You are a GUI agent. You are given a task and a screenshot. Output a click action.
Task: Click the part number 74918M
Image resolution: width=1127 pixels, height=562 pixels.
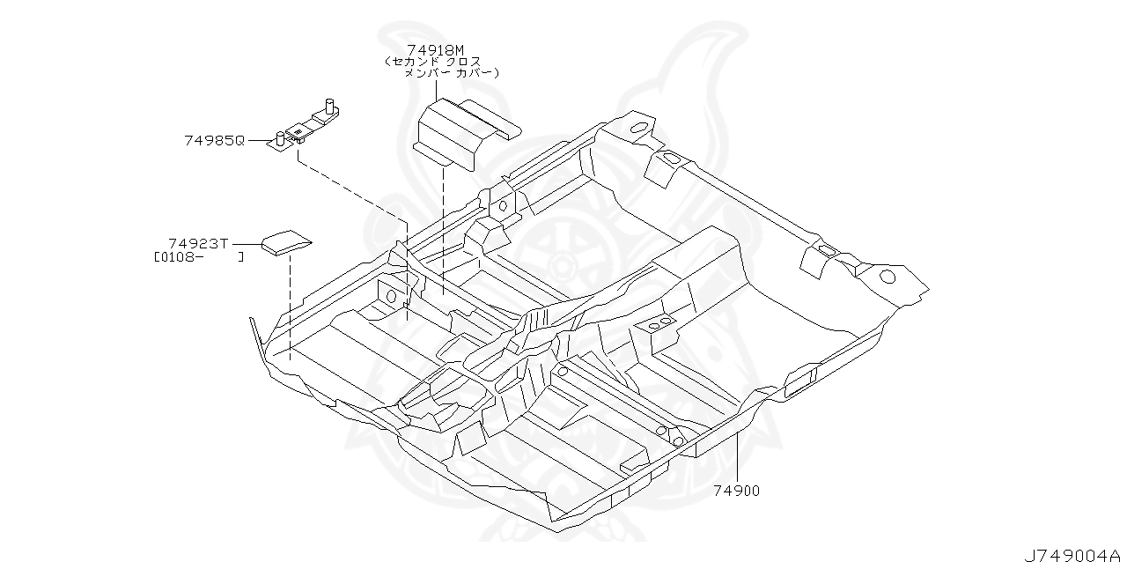[435, 50]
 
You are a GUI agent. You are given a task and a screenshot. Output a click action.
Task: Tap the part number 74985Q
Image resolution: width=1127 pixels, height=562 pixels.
[214, 140]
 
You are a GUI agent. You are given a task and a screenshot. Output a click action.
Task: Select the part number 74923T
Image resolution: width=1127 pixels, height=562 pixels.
[199, 243]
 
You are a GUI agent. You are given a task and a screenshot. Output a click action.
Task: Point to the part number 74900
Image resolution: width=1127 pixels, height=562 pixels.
[736, 491]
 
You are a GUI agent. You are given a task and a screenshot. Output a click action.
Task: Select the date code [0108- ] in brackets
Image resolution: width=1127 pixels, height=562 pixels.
[198, 258]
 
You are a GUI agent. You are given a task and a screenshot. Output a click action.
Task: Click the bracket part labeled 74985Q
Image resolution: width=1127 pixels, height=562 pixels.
[304, 129]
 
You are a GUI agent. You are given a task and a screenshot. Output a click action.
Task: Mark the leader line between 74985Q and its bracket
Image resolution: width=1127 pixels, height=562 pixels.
[256, 140]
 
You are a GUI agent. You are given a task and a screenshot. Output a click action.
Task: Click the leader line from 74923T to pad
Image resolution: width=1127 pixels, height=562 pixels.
[246, 243]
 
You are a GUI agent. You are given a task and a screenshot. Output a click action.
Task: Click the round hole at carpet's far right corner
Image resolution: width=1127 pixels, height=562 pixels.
[888, 277]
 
